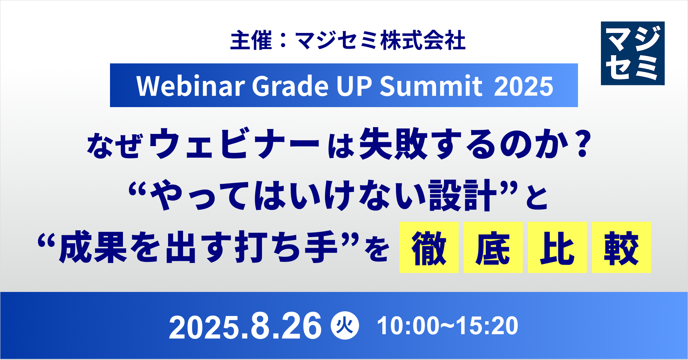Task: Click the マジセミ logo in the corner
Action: (632, 53)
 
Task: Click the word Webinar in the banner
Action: (191, 86)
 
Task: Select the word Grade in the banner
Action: (290, 86)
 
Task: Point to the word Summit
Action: (431, 86)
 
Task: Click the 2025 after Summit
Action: (524, 86)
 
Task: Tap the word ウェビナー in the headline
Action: (234, 144)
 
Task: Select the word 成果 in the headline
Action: (94, 248)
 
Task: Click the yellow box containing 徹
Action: (429, 248)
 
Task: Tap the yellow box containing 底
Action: (493, 248)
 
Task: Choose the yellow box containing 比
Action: (557, 248)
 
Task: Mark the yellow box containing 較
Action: (621, 248)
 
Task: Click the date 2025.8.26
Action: (245, 326)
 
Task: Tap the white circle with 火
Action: (345, 326)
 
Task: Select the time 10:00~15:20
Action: (448, 326)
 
